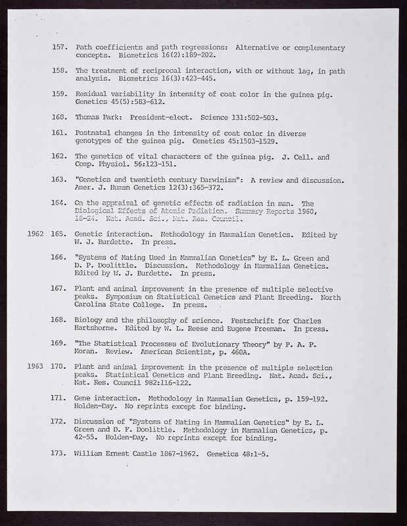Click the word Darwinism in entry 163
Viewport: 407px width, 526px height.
tap(207, 179)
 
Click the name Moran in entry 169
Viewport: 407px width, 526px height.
tap(89, 352)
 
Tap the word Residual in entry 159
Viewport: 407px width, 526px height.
tap(93, 94)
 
